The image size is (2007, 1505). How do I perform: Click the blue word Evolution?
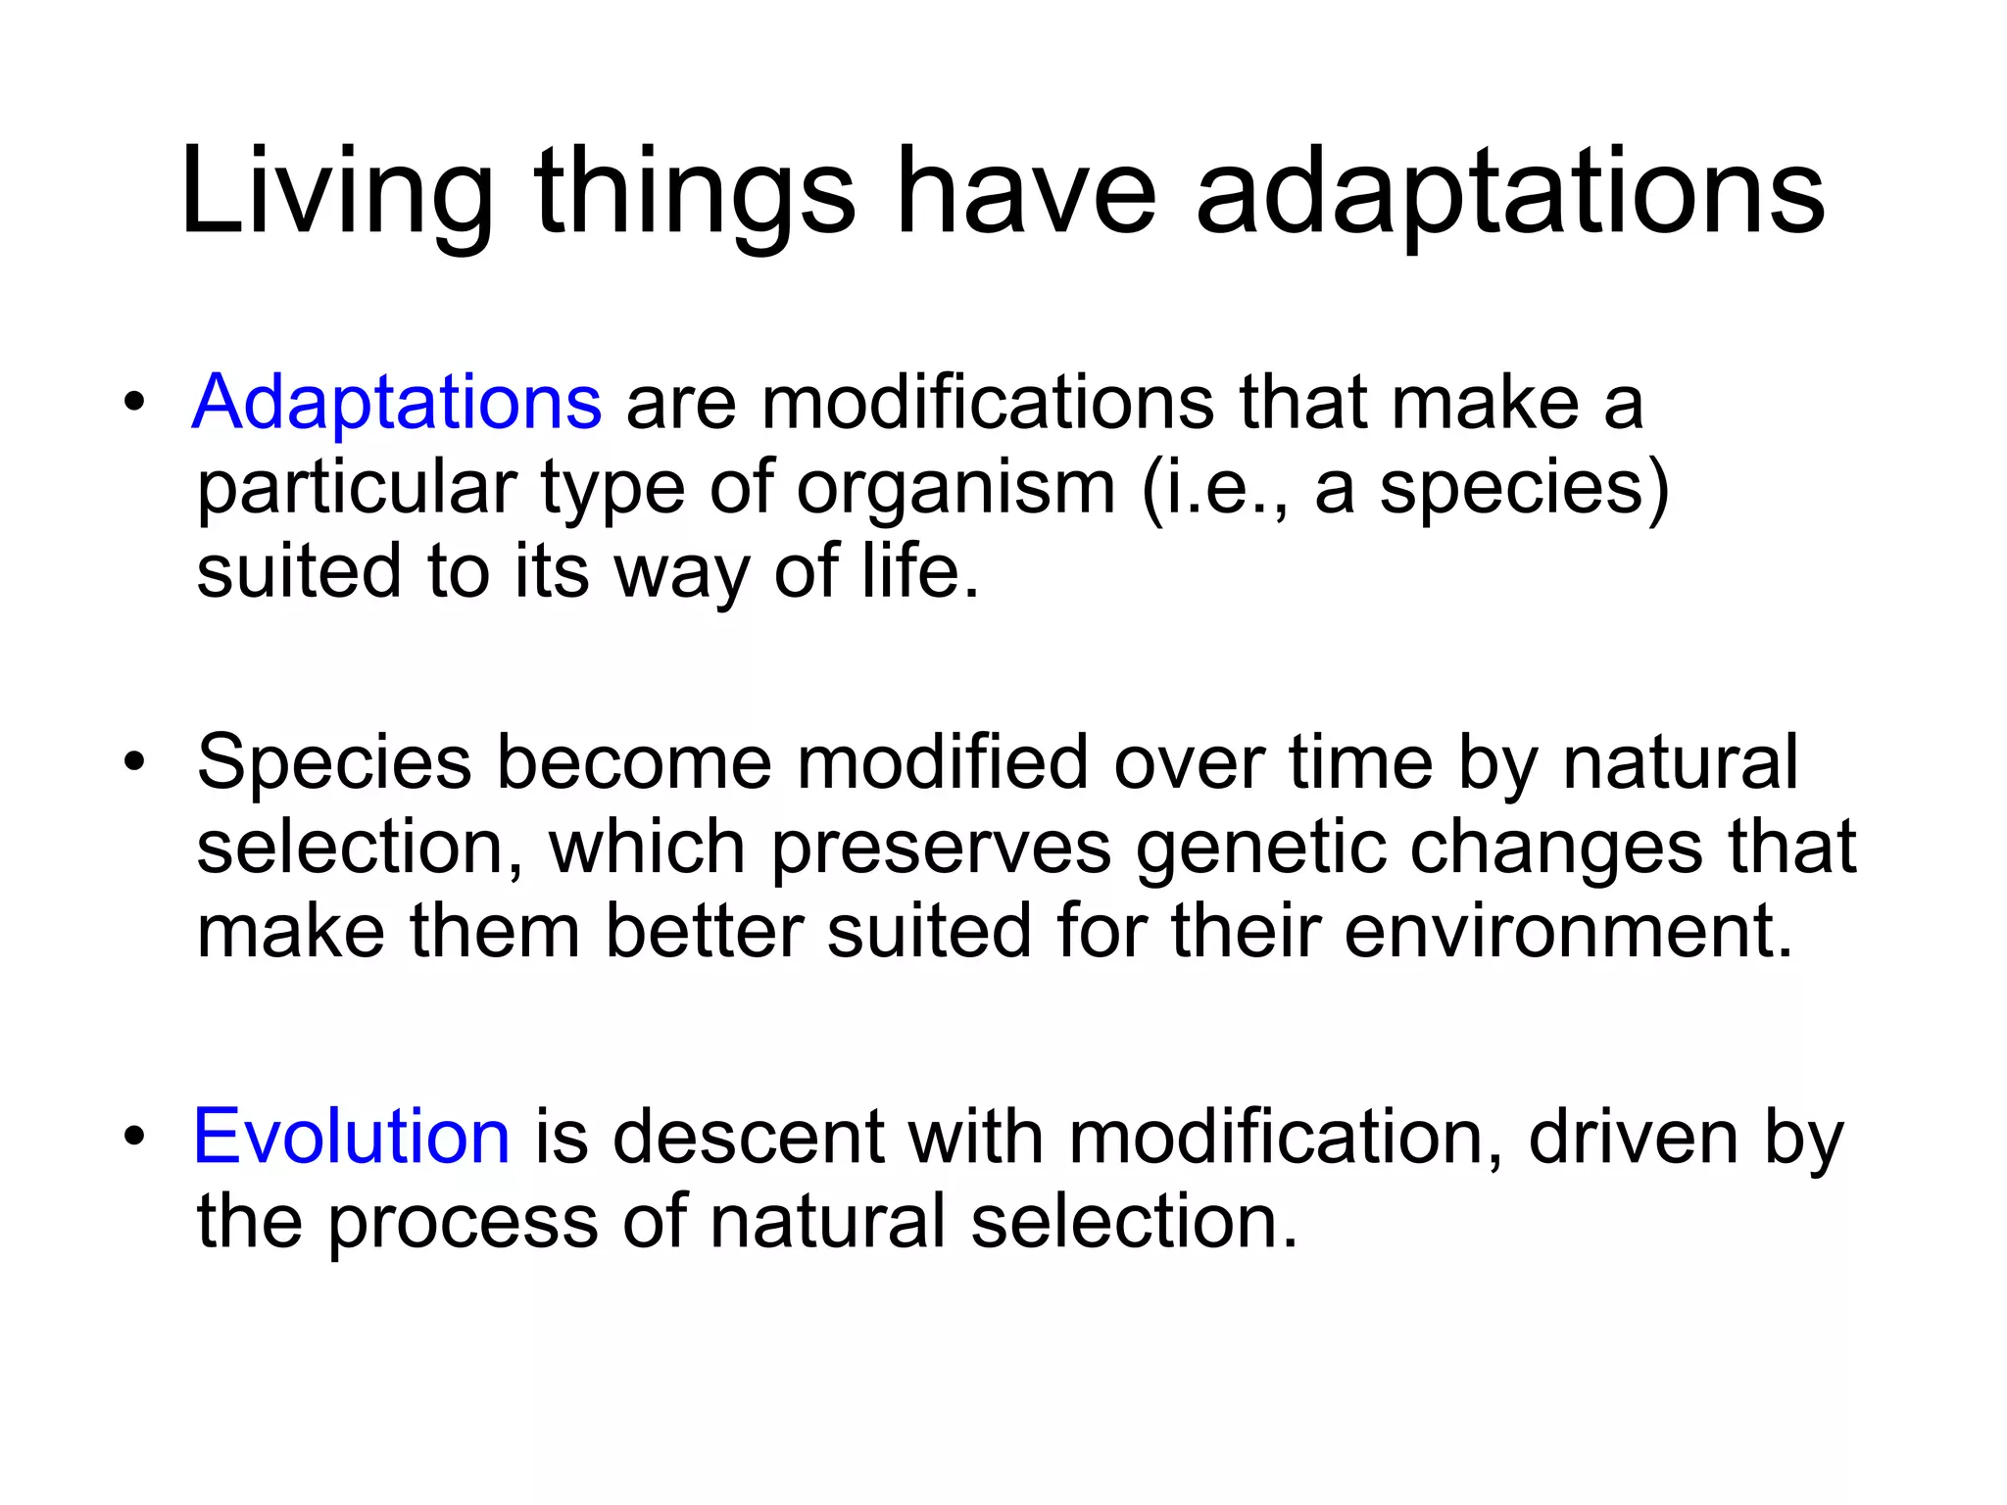tap(352, 1137)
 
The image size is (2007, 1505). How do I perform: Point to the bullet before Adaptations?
tap(134, 403)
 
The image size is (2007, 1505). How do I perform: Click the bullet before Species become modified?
tap(134, 762)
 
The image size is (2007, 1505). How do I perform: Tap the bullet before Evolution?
tap(134, 1137)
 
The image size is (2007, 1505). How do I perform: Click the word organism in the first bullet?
tap(955, 487)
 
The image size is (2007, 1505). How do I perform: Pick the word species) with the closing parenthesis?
tap(1524, 487)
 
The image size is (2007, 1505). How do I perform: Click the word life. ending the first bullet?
tap(920, 571)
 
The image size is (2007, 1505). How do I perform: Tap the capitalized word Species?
tap(334, 762)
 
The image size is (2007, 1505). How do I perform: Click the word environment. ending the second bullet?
tap(1568, 931)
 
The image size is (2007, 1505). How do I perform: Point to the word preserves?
tap(941, 847)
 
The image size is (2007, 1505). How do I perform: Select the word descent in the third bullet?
tap(750, 1137)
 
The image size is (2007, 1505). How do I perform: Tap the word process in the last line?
tap(462, 1222)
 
